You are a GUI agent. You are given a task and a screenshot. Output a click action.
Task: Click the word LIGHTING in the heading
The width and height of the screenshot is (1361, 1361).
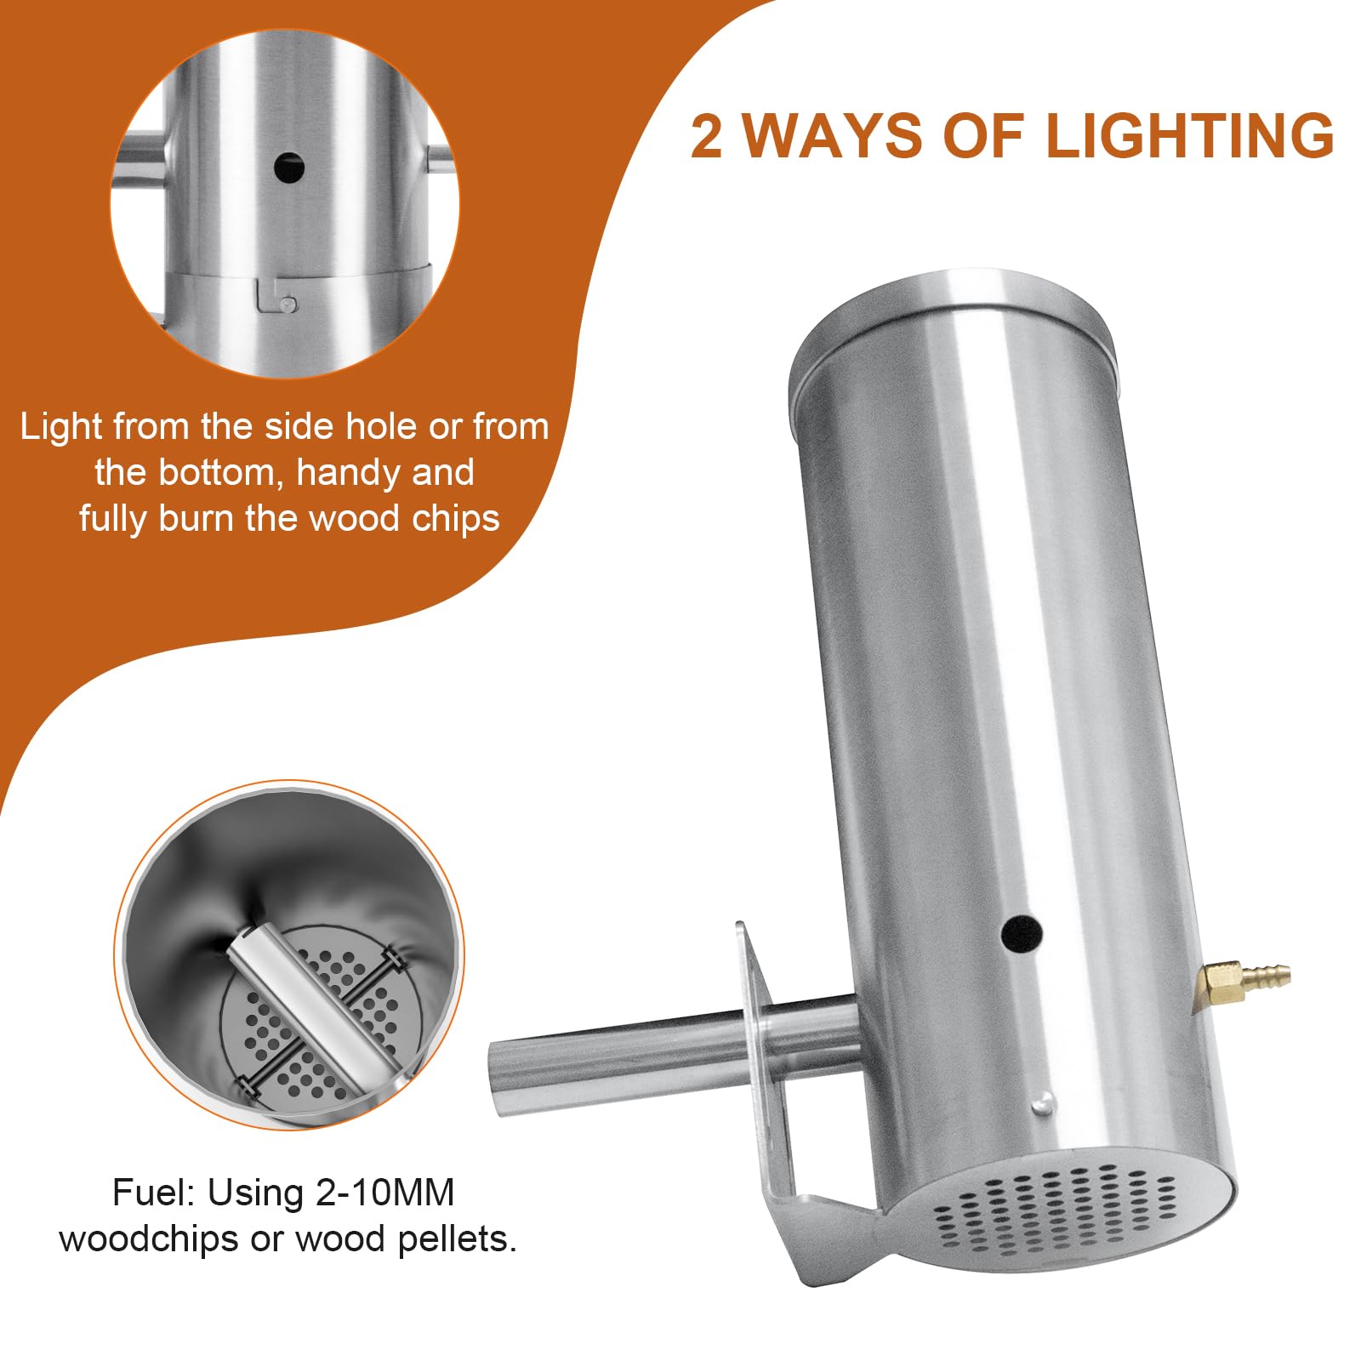coord(1190,136)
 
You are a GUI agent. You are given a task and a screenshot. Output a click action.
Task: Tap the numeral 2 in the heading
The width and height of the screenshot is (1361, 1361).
coord(706,136)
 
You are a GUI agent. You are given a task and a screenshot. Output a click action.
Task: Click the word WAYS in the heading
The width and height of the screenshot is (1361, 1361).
coord(833,136)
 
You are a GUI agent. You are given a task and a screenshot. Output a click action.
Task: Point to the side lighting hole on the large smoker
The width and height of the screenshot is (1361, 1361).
coord(1022,934)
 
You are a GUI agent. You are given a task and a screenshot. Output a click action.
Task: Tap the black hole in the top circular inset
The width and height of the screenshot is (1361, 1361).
coord(289,168)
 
